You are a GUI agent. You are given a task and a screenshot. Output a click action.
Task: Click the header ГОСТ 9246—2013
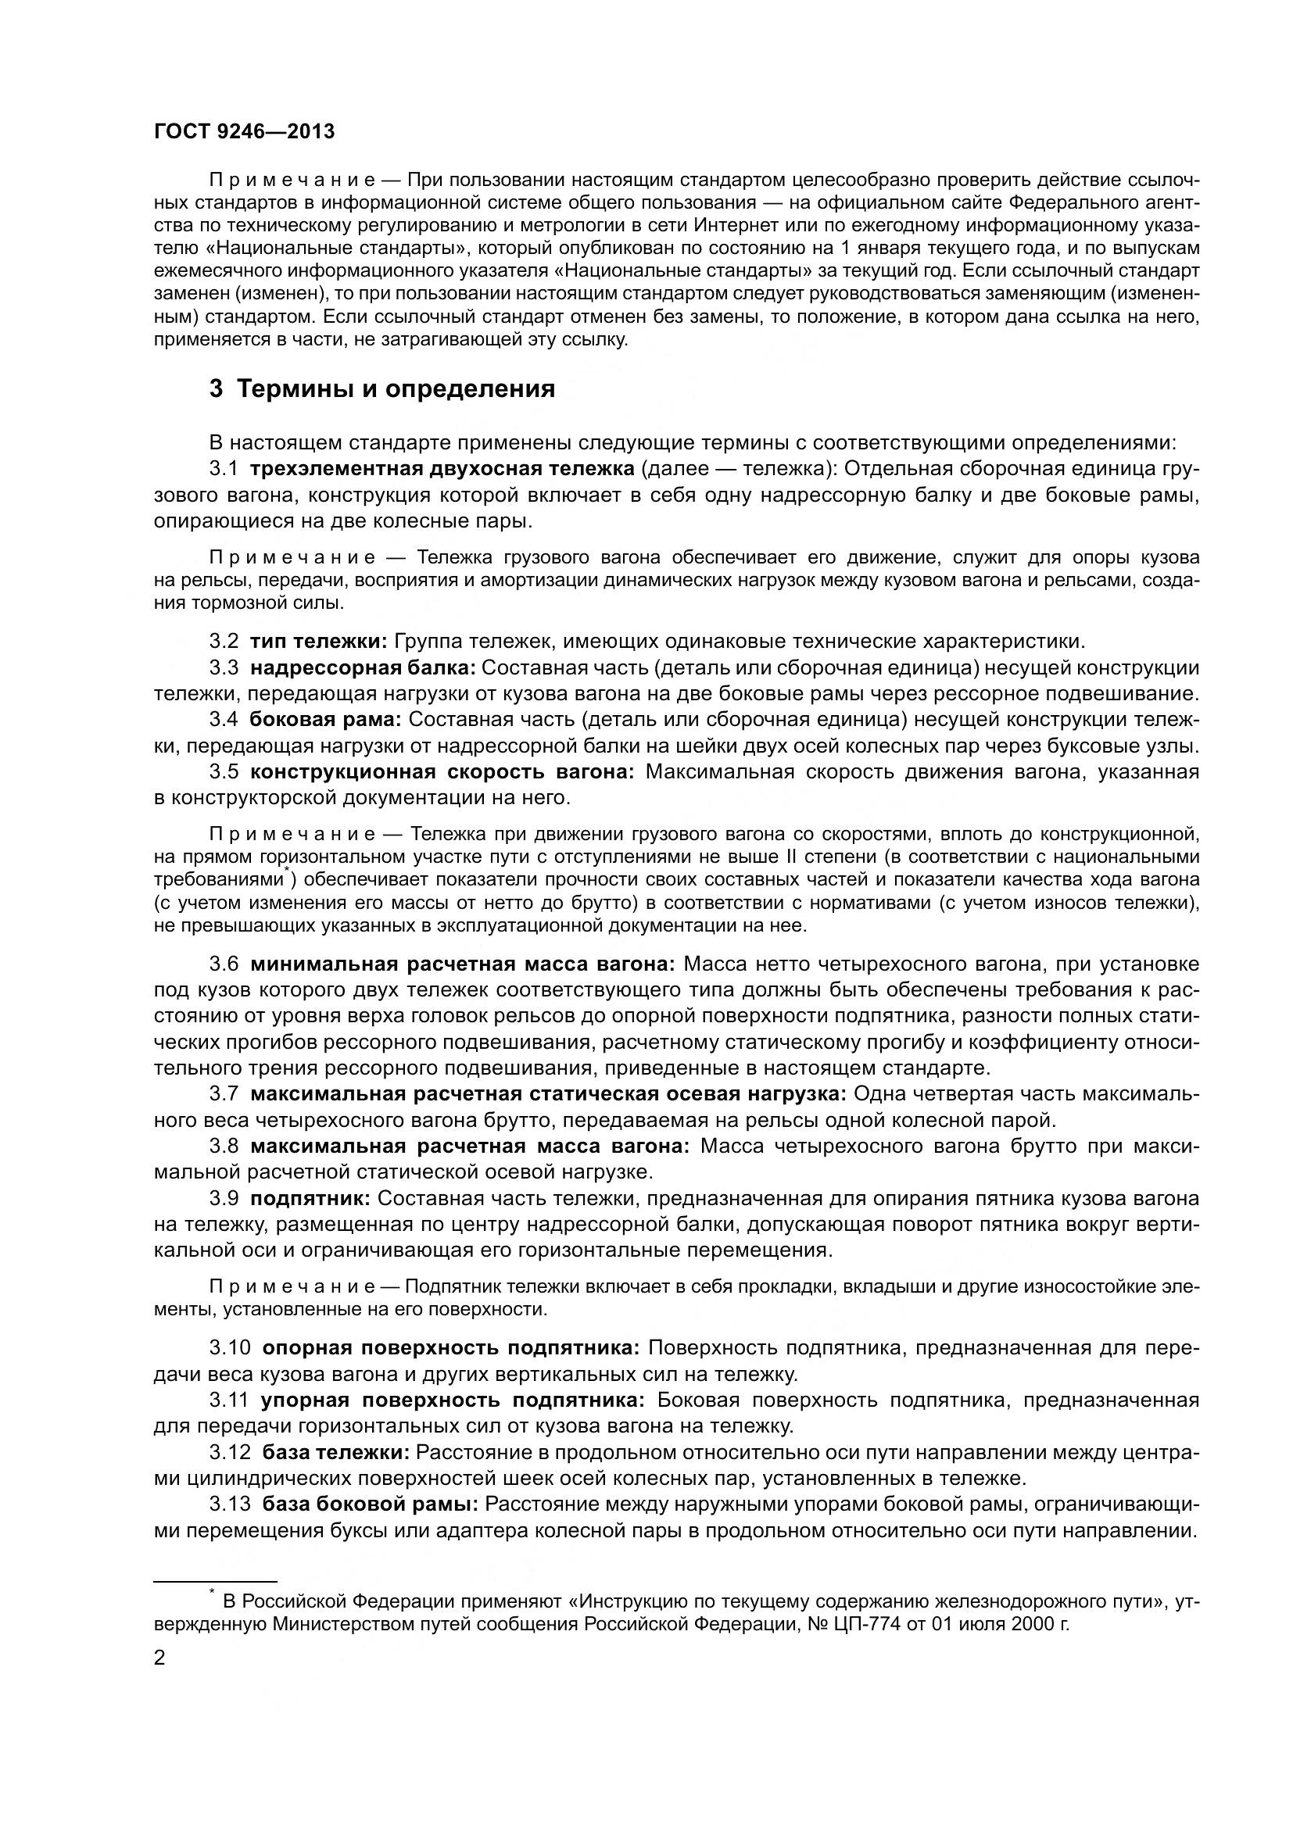coord(244,131)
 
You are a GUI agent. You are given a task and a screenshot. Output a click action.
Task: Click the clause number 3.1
coord(224,469)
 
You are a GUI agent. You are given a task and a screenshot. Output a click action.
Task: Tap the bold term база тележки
coord(336,1452)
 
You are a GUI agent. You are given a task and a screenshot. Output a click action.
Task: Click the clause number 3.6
coord(224,964)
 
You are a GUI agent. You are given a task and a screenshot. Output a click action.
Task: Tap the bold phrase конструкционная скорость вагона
coord(442,771)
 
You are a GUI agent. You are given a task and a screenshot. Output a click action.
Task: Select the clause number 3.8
coord(224,1147)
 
